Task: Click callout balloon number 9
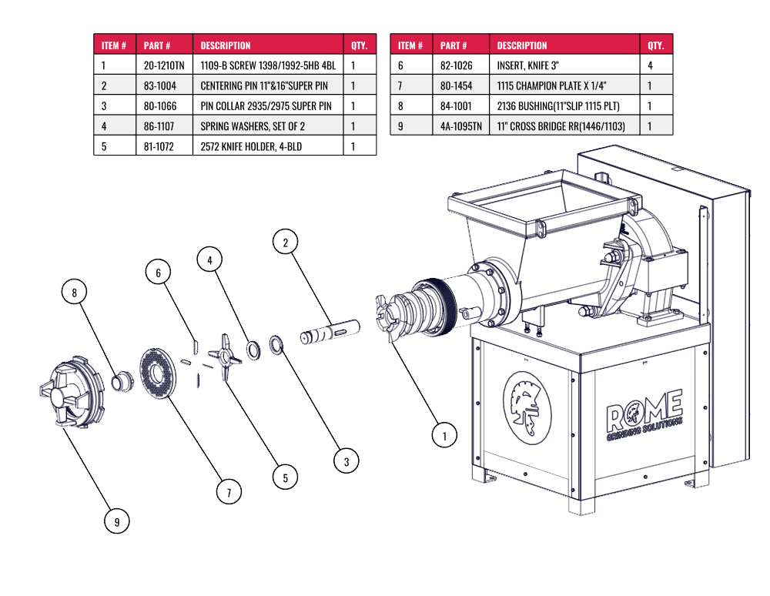coord(117,521)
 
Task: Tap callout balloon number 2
coord(286,242)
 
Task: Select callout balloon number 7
coord(229,492)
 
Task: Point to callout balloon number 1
coord(444,436)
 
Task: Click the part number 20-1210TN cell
coord(164,65)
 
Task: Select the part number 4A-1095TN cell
coord(461,126)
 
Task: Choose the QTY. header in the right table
coord(655,45)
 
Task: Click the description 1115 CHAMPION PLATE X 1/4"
coord(551,85)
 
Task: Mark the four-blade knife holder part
coord(225,357)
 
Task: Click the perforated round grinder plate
coord(158,373)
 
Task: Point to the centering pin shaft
coord(330,331)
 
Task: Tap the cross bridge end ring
coord(72,392)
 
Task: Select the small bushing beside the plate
coord(122,381)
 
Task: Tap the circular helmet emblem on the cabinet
coord(527,407)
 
